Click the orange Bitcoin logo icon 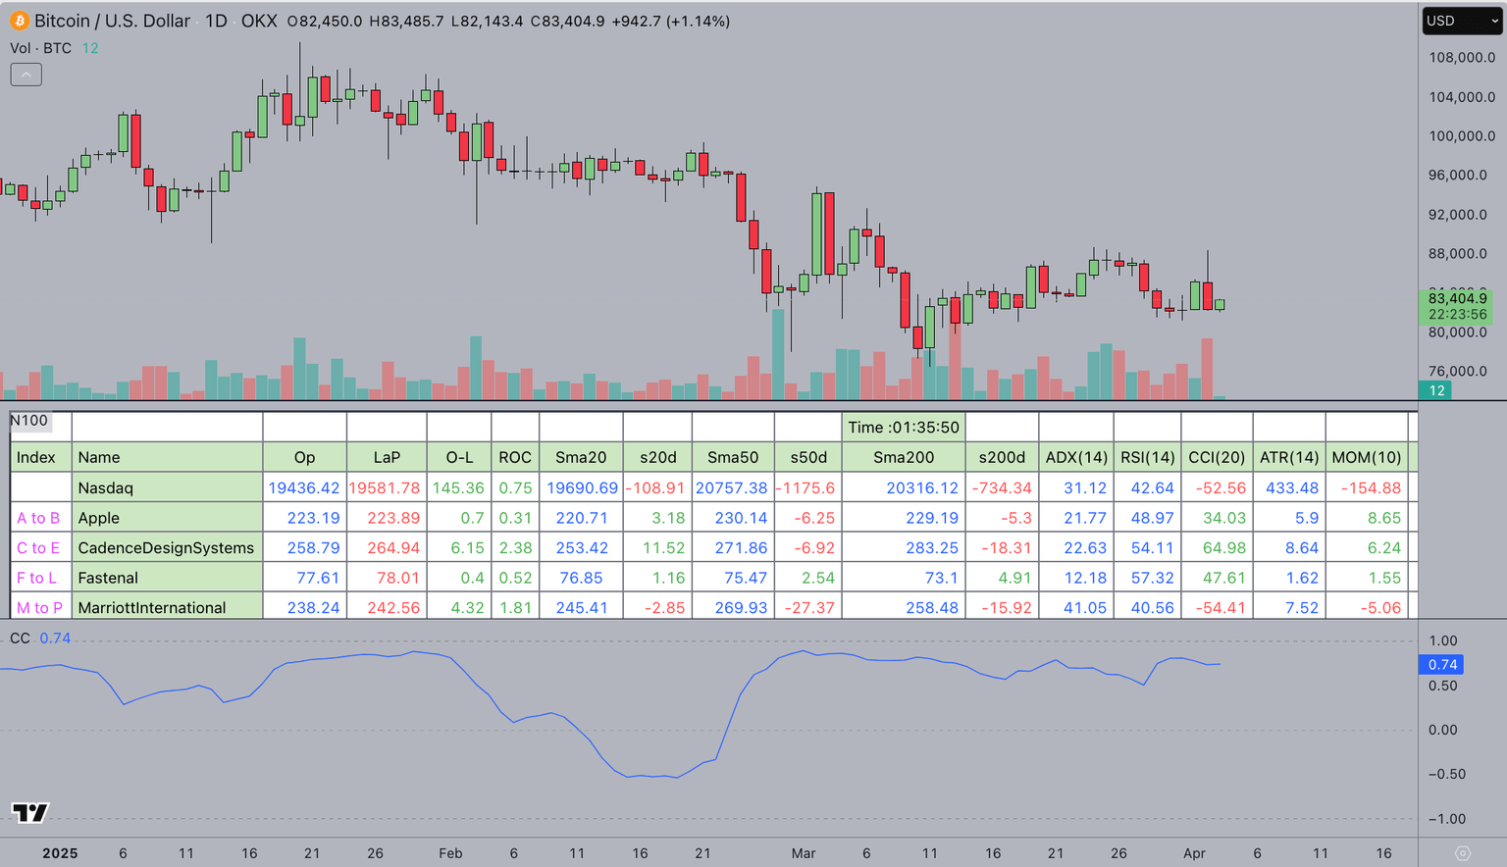19,21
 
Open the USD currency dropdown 1461,21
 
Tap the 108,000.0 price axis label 1461,58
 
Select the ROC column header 514,457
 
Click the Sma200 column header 903,457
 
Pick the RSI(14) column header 1147,457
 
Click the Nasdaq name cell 106,487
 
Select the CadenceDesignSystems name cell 166,548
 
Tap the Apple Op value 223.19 313,518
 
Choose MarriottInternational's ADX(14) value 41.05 1084,608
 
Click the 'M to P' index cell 39,608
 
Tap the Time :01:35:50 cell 903,428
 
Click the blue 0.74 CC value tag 1441,665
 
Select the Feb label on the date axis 450,853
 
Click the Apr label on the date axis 1194,853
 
